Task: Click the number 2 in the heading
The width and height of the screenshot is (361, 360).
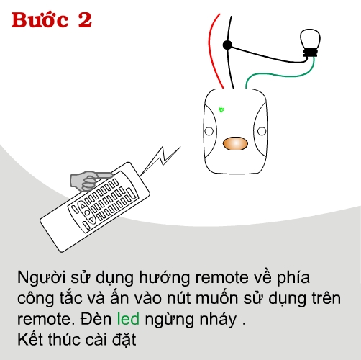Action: point(85,20)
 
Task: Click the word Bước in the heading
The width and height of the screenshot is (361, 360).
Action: point(40,19)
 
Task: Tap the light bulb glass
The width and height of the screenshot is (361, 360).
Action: point(310,39)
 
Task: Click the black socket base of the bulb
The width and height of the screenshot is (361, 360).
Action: point(310,53)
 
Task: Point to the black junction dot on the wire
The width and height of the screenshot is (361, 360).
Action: point(227,45)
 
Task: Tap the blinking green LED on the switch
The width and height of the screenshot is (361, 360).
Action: point(221,109)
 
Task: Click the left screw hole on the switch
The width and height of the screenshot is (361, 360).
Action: point(209,131)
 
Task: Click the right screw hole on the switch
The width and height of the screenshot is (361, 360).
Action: point(262,131)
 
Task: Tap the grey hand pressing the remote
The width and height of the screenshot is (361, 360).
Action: point(89,181)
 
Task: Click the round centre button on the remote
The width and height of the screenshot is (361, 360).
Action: point(87,212)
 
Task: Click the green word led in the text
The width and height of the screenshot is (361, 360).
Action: point(128,319)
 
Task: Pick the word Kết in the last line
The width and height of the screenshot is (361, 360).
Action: point(31,339)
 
